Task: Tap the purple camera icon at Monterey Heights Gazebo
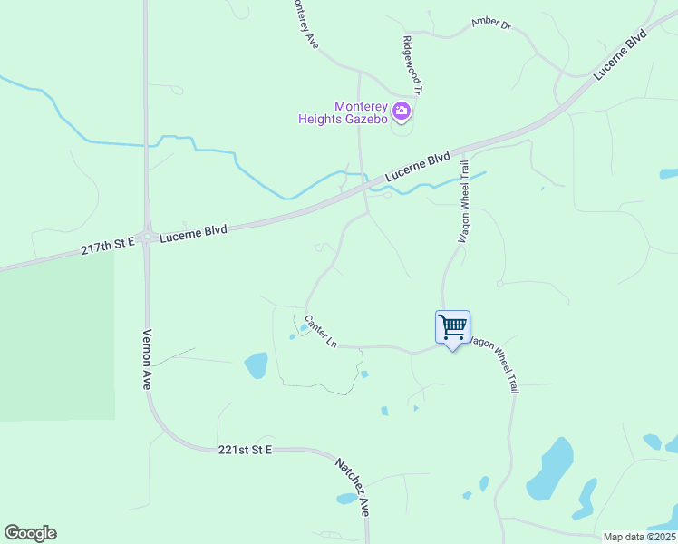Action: [x=402, y=112]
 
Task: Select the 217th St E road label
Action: [x=107, y=244]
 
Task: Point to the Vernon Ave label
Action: [x=146, y=358]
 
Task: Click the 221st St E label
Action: [x=245, y=450]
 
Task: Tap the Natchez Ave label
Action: [x=354, y=487]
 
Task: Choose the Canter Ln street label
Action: [x=321, y=332]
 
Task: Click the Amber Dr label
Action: [x=491, y=24]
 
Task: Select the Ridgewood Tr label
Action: [x=413, y=65]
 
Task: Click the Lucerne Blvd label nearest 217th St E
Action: [x=193, y=233]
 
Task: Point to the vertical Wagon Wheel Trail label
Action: [x=463, y=201]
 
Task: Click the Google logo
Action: [x=30, y=533]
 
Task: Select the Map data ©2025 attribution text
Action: [x=639, y=537]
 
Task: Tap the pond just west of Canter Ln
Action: [x=256, y=365]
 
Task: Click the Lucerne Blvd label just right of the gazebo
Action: [x=417, y=168]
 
